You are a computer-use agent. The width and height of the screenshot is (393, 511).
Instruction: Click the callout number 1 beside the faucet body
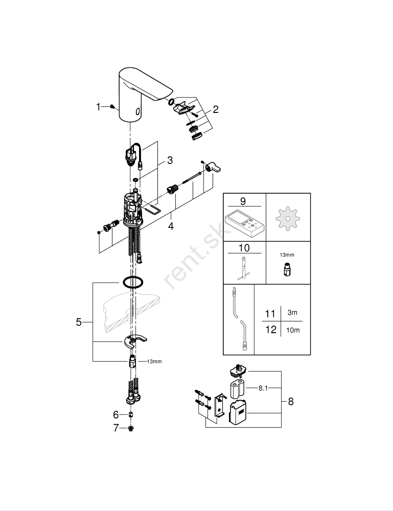pos(99,107)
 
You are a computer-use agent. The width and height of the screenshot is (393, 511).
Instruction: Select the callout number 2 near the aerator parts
pos(215,109)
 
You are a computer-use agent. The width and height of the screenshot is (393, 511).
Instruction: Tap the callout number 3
pos(170,160)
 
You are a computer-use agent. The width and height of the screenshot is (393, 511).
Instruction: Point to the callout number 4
pos(171,225)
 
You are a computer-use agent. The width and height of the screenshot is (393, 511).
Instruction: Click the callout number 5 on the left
pos(79,322)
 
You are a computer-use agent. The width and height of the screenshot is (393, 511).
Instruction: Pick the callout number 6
pos(116,414)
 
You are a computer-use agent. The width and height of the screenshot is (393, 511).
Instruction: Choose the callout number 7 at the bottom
pos(116,428)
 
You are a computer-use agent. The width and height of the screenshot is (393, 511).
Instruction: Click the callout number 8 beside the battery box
pos(291,402)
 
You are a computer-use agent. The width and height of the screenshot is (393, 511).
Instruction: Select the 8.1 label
pos(263,388)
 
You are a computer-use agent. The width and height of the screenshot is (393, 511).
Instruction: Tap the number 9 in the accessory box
pos(243,201)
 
